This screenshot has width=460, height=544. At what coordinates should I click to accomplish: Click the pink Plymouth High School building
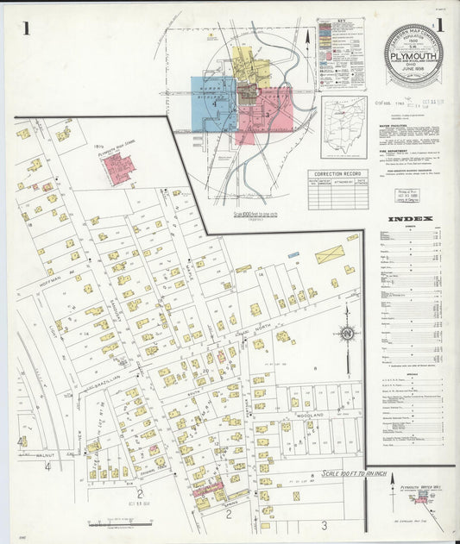point(119,169)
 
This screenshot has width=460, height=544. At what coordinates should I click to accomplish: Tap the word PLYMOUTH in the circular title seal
point(413,50)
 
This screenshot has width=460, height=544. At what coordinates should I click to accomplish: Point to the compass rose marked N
point(347,333)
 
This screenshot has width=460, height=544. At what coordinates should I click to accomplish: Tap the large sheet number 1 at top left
point(27,28)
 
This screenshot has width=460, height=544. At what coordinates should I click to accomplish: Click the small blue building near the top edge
point(293,254)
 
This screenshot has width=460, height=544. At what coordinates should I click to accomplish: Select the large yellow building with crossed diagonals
point(329,254)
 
